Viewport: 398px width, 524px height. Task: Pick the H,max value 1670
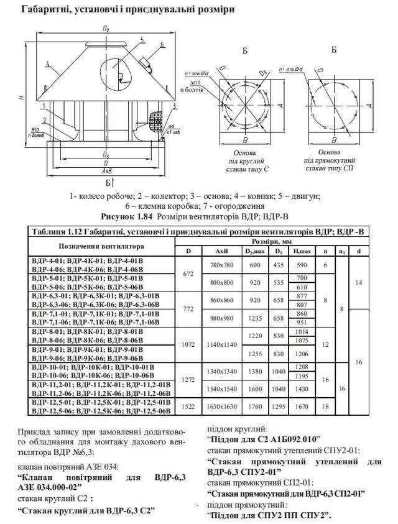303,407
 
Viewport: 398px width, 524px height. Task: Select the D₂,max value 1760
253,407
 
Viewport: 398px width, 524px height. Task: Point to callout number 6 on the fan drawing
160,45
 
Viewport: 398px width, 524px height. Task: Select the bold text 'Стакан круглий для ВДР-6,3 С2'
87,510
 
